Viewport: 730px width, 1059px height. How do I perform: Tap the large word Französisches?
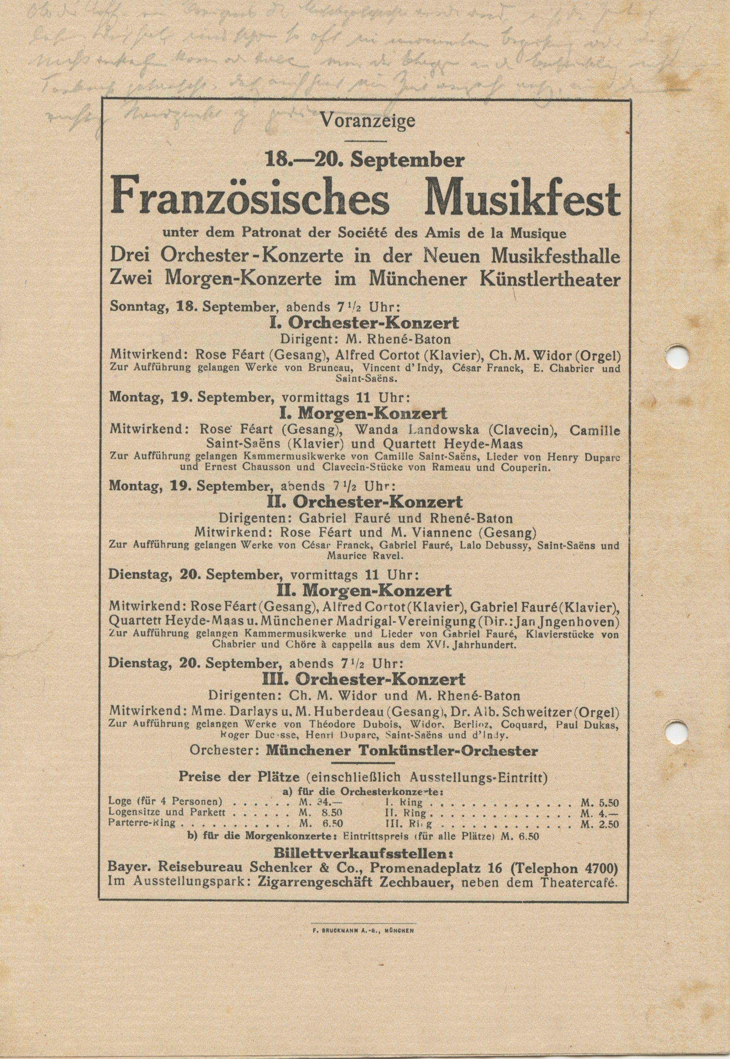click(x=250, y=200)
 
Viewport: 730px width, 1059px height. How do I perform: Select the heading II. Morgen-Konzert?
click(x=365, y=590)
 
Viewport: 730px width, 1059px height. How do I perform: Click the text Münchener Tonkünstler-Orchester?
click(x=402, y=751)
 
